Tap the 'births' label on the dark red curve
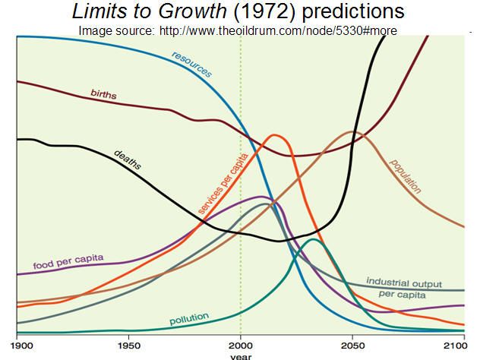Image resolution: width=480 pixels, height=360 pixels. click(x=103, y=94)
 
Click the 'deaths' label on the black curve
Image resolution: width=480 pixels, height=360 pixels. click(x=128, y=157)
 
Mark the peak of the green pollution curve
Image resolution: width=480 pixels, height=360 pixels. click(x=312, y=240)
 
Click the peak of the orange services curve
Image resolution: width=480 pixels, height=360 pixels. click(x=274, y=135)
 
